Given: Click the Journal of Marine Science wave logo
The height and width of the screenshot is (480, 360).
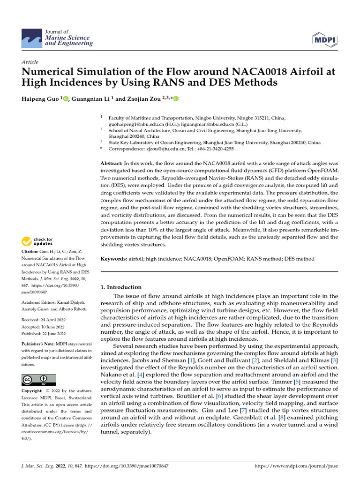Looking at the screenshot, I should (x=32, y=37).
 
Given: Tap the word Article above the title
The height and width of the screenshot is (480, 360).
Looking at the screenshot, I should (x=30, y=62).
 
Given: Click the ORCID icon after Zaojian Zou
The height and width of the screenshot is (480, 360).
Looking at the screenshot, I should (x=176, y=99).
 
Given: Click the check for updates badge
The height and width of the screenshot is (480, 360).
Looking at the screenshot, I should (x=37, y=242).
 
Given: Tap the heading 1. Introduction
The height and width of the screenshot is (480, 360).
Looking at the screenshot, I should (x=121, y=287).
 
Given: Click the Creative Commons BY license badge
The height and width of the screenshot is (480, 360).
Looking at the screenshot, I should (x=38, y=380).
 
